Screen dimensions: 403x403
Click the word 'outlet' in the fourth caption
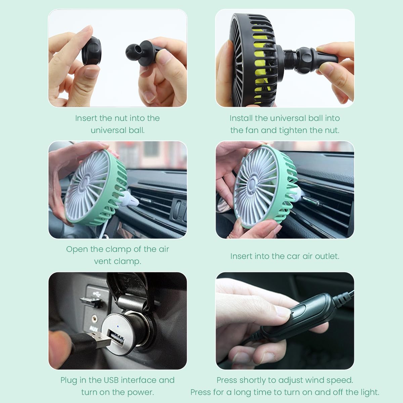[326, 256]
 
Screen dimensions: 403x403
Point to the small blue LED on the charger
[117, 325]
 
